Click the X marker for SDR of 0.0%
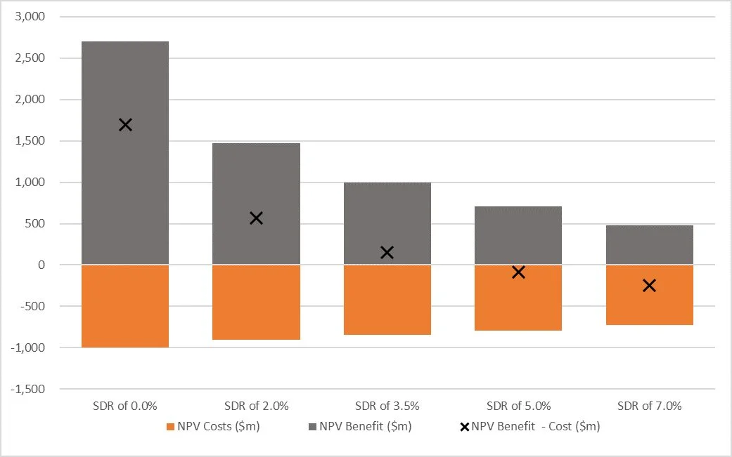[125, 125]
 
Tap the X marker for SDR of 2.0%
[256, 218]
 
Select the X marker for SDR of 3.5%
[387, 252]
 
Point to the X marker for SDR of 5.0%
[518, 272]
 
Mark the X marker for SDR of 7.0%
[649, 285]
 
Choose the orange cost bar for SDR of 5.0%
[518, 298]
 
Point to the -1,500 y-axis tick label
[27, 389]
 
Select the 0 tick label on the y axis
[41, 265]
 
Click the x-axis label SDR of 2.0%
[256, 406]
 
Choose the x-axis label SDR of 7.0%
[649, 406]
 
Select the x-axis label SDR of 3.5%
[387, 406]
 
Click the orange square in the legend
[170, 426]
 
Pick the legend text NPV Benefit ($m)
[365, 426]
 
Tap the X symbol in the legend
[464, 426]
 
